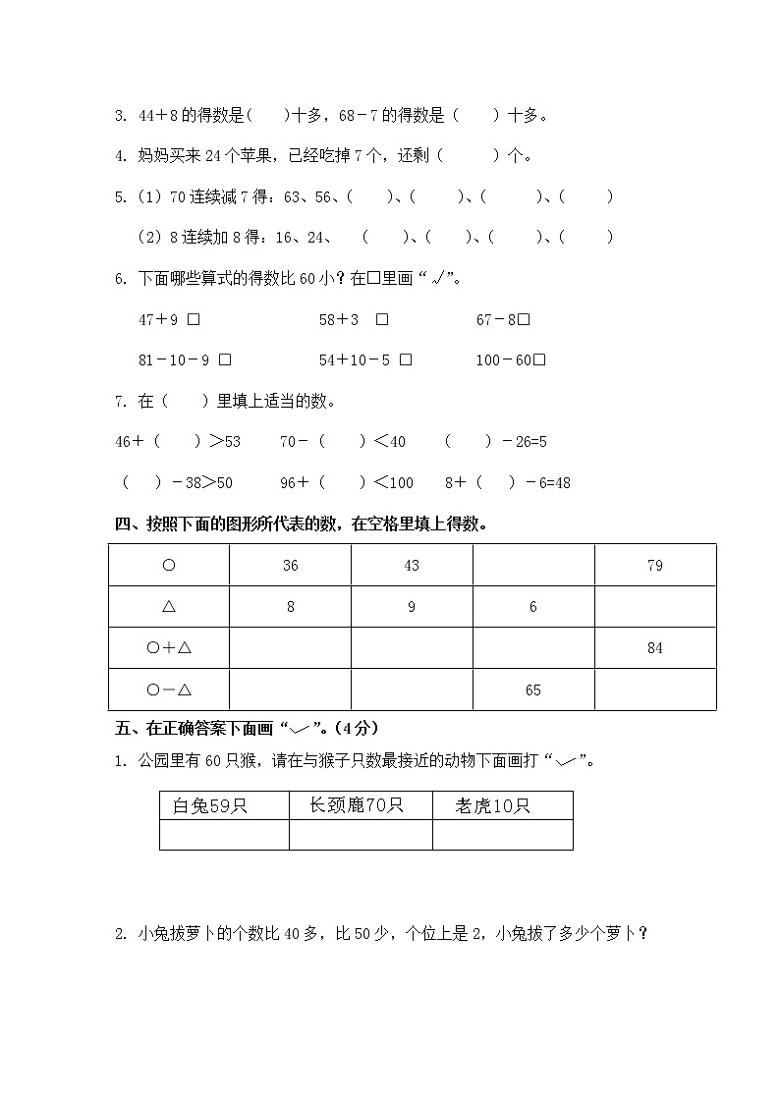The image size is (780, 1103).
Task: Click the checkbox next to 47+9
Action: (194, 319)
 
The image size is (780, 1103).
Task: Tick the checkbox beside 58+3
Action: (382, 319)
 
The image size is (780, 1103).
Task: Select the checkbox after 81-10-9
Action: (225, 360)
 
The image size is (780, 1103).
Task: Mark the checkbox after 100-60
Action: (539, 360)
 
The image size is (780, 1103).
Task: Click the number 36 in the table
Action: (290, 566)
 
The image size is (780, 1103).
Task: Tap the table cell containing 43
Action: (412, 566)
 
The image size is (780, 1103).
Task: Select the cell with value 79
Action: (655, 566)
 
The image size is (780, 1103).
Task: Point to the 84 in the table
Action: (655, 648)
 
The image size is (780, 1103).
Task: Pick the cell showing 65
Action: (533, 690)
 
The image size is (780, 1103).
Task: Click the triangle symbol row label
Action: (168, 607)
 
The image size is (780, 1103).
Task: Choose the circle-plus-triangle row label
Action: (168, 648)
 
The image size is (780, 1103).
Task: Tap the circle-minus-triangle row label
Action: (168, 690)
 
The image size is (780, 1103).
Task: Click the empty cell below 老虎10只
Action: (502, 835)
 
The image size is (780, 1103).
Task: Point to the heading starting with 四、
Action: (301, 524)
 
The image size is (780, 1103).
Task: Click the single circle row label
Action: (168, 566)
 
